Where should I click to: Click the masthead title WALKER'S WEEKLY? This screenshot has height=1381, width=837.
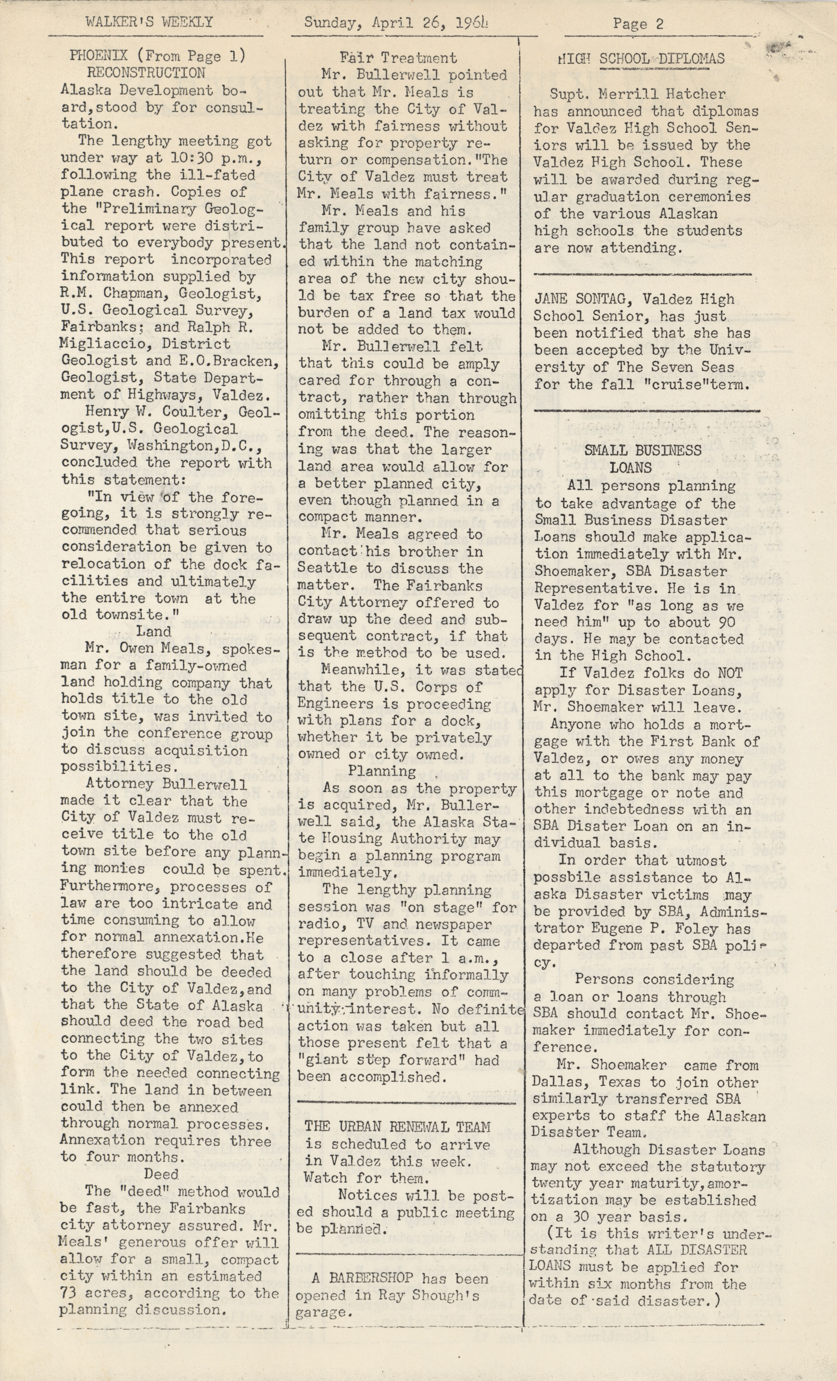point(149,22)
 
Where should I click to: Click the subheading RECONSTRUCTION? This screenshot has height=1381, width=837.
point(146,73)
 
